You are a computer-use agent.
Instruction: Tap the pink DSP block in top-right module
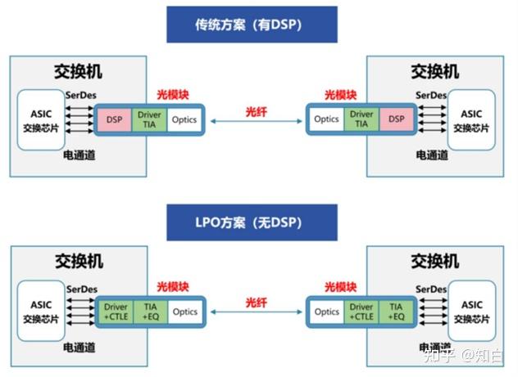(x=396, y=119)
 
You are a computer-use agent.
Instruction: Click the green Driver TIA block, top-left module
(x=149, y=119)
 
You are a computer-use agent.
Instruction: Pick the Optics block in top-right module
(x=326, y=119)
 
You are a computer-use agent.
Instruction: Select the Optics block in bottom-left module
(x=185, y=312)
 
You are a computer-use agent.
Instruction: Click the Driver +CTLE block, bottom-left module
(x=116, y=312)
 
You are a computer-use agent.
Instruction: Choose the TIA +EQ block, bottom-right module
(x=398, y=312)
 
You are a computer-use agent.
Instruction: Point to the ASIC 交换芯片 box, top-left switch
(x=40, y=119)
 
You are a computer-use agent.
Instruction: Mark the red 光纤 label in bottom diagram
(x=257, y=303)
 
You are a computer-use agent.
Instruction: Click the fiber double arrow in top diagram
(x=257, y=123)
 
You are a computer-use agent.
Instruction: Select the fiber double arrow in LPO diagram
(x=257, y=314)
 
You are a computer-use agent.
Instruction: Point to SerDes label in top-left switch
(x=80, y=96)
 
